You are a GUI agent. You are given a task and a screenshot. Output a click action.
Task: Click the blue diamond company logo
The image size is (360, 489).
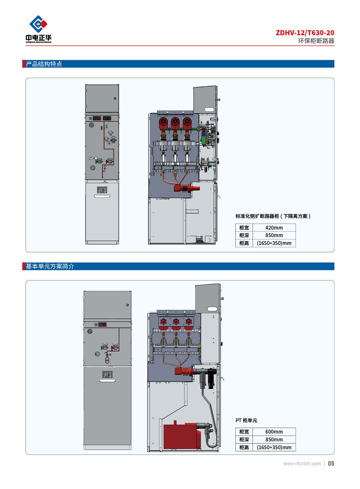[x=38, y=24]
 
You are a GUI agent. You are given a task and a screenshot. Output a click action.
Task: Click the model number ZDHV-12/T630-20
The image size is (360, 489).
[x=304, y=33]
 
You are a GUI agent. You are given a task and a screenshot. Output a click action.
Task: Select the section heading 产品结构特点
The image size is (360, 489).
[x=44, y=64]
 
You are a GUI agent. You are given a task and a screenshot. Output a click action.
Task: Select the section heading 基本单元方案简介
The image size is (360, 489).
[x=50, y=266]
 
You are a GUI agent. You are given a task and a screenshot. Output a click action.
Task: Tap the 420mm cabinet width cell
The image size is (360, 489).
[x=274, y=228]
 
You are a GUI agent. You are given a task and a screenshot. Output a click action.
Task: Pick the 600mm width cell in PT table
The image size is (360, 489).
[x=274, y=432]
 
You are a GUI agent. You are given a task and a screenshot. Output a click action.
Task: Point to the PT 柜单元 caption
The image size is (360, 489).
[x=246, y=420]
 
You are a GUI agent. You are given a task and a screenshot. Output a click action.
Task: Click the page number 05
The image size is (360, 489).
[x=331, y=463]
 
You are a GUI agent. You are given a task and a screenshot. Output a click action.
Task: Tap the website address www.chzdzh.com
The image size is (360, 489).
[x=302, y=464]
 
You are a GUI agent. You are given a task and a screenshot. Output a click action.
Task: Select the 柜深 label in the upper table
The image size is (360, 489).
[x=244, y=236]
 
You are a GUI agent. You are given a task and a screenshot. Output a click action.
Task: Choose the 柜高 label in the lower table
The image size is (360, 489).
[x=244, y=447]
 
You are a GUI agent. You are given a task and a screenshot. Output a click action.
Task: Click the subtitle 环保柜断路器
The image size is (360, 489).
[x=316, y=41]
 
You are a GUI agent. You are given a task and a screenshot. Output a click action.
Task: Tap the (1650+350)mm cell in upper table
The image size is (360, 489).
[x=274, y=243]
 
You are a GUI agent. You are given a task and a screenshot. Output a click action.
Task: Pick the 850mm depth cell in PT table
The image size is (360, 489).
[x=274, y=439]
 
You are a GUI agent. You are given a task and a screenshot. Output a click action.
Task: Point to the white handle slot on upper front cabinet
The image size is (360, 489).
[x=102, y=196]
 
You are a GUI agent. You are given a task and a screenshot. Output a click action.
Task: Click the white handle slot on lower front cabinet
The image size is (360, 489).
[x=107, y=381]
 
